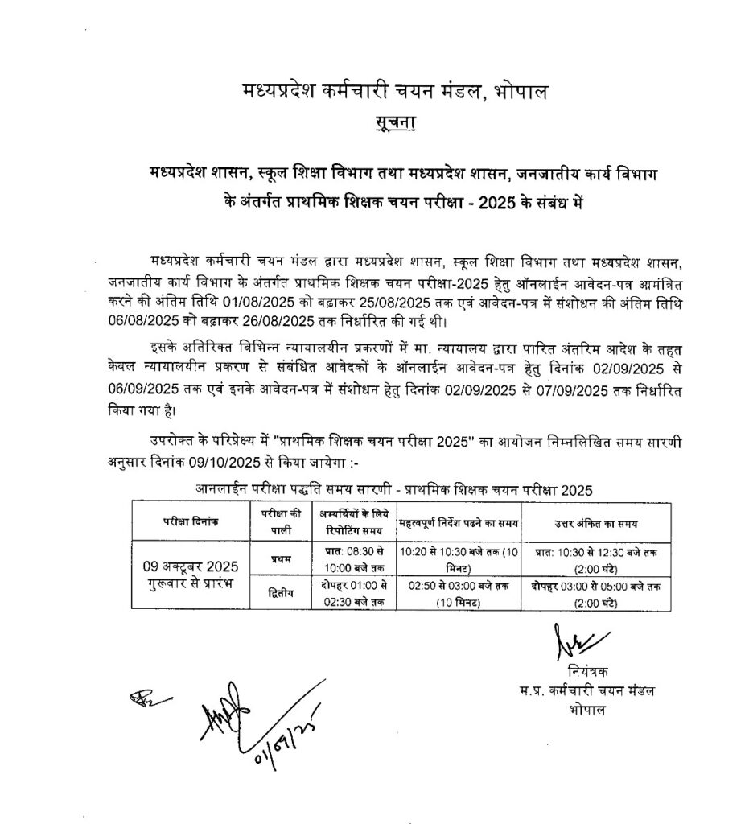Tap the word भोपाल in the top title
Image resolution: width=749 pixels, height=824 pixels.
pyautogui.click(x=524, y=92)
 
